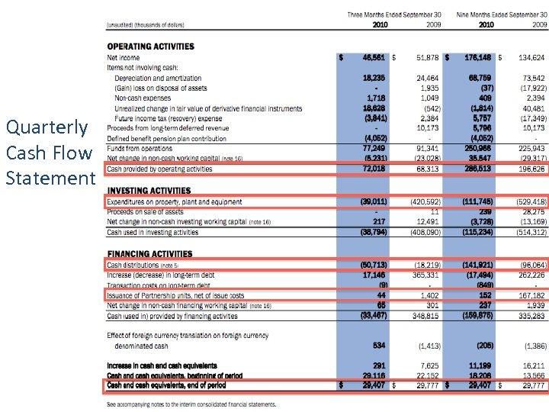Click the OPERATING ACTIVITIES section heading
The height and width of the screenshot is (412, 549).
(x=150, y=47)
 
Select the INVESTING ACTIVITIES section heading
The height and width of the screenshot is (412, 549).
(x=149, y=191)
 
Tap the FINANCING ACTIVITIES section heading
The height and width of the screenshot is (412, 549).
(x=149, y=253)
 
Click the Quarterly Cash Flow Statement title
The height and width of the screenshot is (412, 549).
(x=50, y=152)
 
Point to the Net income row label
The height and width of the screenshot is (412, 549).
(x=123, y=57)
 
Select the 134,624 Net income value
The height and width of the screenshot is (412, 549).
(x=531, y=57)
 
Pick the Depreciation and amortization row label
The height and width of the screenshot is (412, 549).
(x=158, y=78)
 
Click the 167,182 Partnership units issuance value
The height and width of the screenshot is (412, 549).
(x=531, y=295)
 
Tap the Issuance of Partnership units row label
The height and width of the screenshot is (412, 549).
(x=175, y=295)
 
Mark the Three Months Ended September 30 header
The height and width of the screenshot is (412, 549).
(x=394, y=14)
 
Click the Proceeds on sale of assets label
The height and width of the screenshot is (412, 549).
(x=145, y=212)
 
